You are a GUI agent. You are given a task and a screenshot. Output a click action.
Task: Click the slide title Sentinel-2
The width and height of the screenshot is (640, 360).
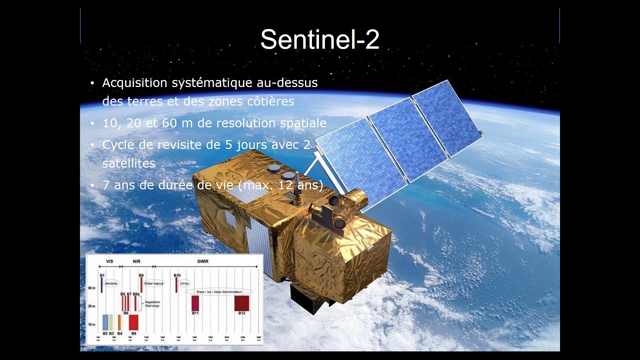click(x=319, y=39)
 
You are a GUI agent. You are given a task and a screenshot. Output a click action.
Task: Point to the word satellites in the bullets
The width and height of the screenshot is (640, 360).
click(x=129, y=163)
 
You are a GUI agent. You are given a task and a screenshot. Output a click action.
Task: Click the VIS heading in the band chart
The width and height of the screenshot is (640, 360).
click(x=110, y=261)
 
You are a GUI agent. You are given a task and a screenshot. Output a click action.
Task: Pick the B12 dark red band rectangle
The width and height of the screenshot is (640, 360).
click(x=241, y=303)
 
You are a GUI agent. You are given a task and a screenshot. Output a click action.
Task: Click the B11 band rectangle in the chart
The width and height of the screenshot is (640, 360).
click(x=195, y=303)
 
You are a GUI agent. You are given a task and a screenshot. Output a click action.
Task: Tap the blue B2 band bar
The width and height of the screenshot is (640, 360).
click(x=105, y=322)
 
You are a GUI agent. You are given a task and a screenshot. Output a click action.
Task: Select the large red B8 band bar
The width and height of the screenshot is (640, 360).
click(x=133, y=322)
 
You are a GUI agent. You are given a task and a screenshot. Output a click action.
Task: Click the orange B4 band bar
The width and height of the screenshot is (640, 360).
click(x=119, y=322)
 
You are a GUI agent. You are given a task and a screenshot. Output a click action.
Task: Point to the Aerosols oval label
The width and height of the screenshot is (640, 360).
click(x=110, y=283)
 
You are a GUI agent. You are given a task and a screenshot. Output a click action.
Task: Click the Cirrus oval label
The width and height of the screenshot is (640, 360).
click(x=184, y=283)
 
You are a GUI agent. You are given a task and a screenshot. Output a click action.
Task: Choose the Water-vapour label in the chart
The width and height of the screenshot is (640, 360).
click(x=153, y=283)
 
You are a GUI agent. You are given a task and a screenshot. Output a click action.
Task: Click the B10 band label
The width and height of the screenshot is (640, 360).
click(x=177, y=275)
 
